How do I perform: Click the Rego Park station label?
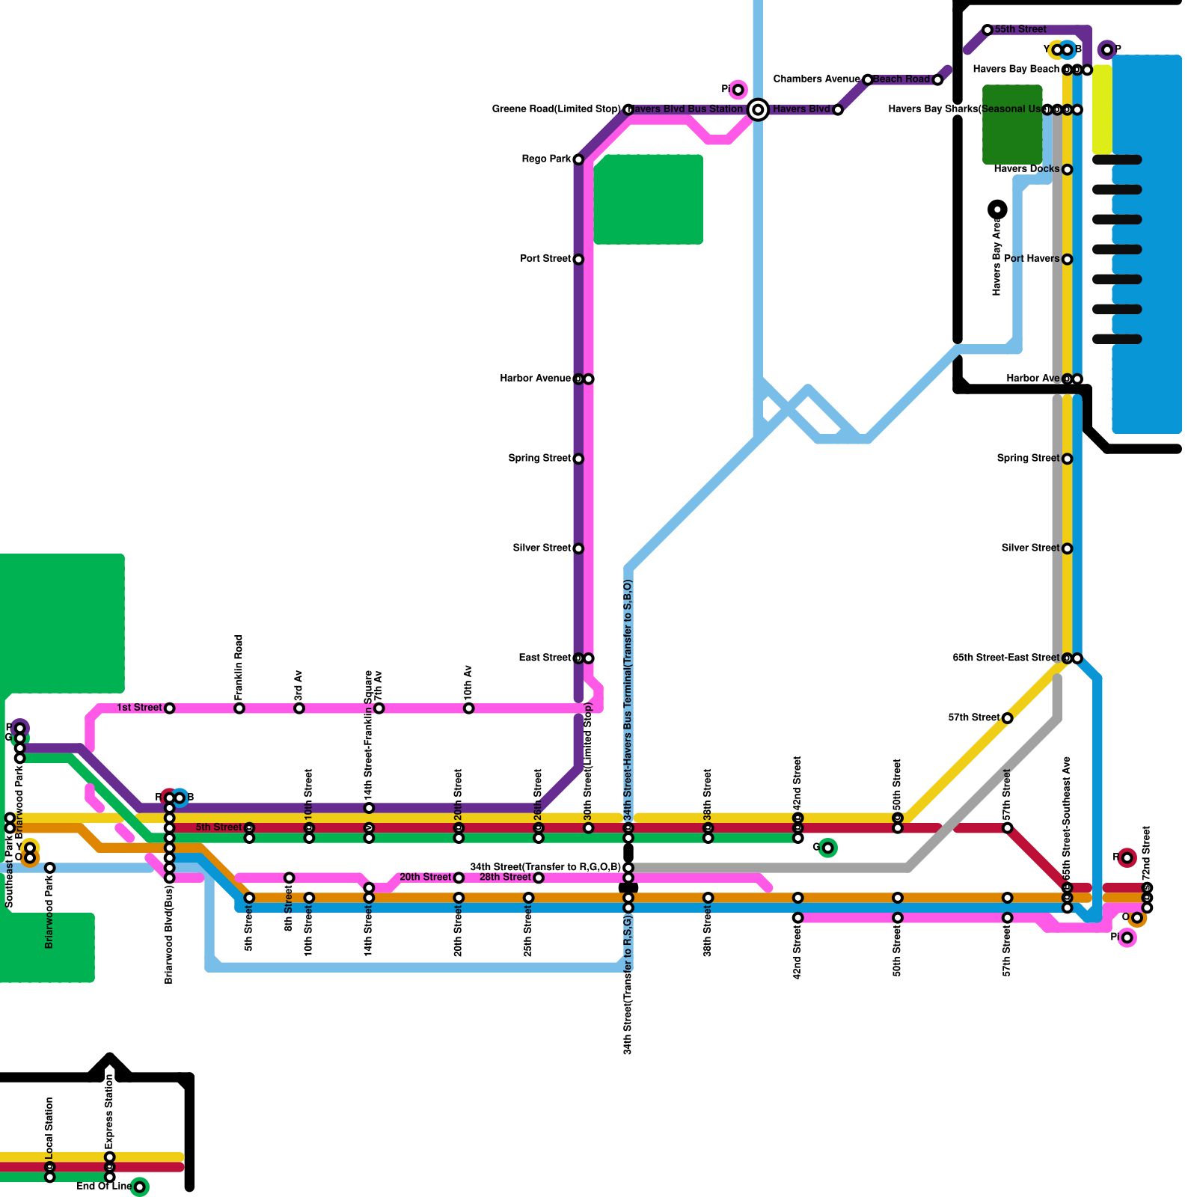pos(546,159)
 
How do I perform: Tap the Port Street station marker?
pos(578,260)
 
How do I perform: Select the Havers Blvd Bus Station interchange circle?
pos(758,110)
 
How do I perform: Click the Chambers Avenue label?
pos(816,79)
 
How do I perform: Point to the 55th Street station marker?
pos(988,30)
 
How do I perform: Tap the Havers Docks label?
pos(1026,169)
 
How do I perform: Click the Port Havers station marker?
pos(1067,260)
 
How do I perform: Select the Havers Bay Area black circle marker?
pos(997,209)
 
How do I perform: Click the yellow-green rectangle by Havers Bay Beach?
pos(1102,110)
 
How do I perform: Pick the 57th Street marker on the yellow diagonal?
pos(1007,718)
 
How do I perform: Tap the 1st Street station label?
pos(139,708)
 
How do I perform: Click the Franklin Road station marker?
pos(239,708)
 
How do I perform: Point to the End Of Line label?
pos(104,1187)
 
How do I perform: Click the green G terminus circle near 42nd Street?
pos(827,848)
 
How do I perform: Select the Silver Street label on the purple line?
pos(542,548)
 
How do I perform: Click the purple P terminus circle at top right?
pos(1107,50)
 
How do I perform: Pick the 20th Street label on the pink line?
pos(425,878)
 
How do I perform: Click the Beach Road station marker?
pos(937,80)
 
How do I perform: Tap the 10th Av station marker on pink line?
pos(468,708)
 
